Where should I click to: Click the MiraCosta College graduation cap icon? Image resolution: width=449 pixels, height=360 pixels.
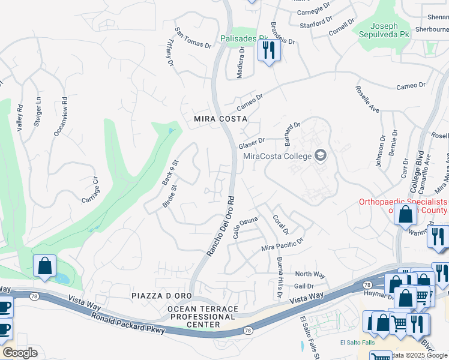coord(321,156)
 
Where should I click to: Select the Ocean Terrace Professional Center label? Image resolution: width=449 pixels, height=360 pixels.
coord(202,316)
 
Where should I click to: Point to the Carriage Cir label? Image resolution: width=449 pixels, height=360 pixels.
coord(91,190)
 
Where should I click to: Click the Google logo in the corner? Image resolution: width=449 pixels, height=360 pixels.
coord(19,353)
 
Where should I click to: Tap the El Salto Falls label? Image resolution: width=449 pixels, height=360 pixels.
coord(357,343)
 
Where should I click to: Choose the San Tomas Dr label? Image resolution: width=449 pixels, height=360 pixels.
coord(193,37)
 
